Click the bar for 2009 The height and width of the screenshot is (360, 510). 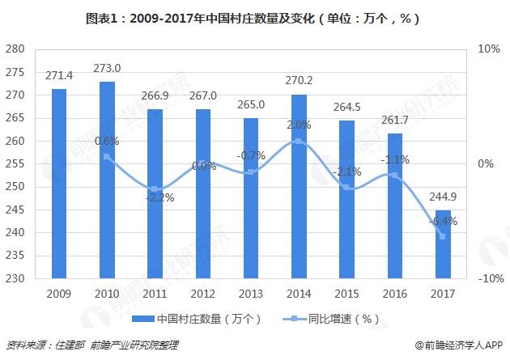[x=59, y=184]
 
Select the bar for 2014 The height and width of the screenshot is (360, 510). [x=299, y=186]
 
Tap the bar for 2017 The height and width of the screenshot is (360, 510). [x=442, y=244]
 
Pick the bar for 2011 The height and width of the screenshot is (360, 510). [x=155, y=194]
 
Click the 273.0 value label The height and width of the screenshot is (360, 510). [x=107, y=68]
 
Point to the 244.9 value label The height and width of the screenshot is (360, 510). [x=442, y=197]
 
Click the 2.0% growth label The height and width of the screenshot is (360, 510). [x=299, y=125]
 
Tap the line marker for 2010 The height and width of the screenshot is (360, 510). [x=107, y=156]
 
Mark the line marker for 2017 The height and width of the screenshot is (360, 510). [x=442, y=236]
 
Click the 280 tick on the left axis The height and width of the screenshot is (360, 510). [x=15, y=49]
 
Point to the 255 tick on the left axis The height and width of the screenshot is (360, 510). [x=15, y=164]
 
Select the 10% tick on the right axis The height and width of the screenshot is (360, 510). [x=489, y=49]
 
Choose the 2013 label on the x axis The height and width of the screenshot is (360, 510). [x=250, y=293]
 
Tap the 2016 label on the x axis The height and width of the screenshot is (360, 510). [x=394, y=293]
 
